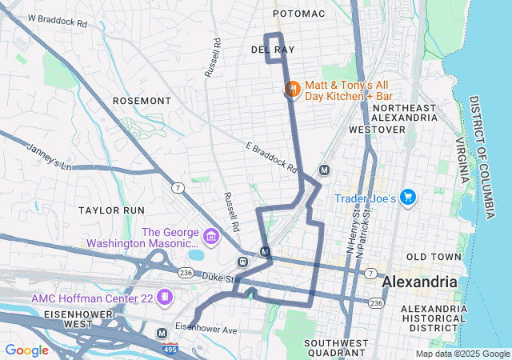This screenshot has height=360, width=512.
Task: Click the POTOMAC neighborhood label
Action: pos(299,14)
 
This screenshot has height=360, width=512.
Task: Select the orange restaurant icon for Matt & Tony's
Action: pos(291,89)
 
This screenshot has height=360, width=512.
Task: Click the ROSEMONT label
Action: pos(142,101)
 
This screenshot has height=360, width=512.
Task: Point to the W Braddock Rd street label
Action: pos(57,19)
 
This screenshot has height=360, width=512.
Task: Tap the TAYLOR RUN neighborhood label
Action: pos(111,209)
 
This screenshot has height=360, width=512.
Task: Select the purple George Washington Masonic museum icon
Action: pos(211,237)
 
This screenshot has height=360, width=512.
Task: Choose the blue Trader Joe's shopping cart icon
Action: pos(408,197)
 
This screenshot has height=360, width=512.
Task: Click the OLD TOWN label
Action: pos(434,257)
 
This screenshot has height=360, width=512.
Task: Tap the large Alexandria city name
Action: pos(419,282)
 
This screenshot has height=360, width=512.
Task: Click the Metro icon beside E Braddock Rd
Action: pos(324,170)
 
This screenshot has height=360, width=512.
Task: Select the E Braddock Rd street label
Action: pos(271,158)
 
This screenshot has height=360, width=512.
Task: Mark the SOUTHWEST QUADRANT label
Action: pos(335,347)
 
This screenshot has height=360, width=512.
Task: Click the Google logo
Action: pos(26,350)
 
